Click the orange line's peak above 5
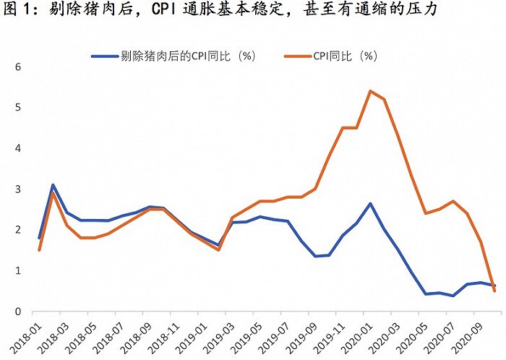click(370, 91)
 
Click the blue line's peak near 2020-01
click(370, 203)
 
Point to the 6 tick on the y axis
click(20, 67)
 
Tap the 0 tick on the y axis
click(20, 312)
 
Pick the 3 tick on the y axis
click(20, 189)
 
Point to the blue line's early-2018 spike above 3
click(53, 185)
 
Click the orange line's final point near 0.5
click(495, 291)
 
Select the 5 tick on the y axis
click(20, 108)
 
